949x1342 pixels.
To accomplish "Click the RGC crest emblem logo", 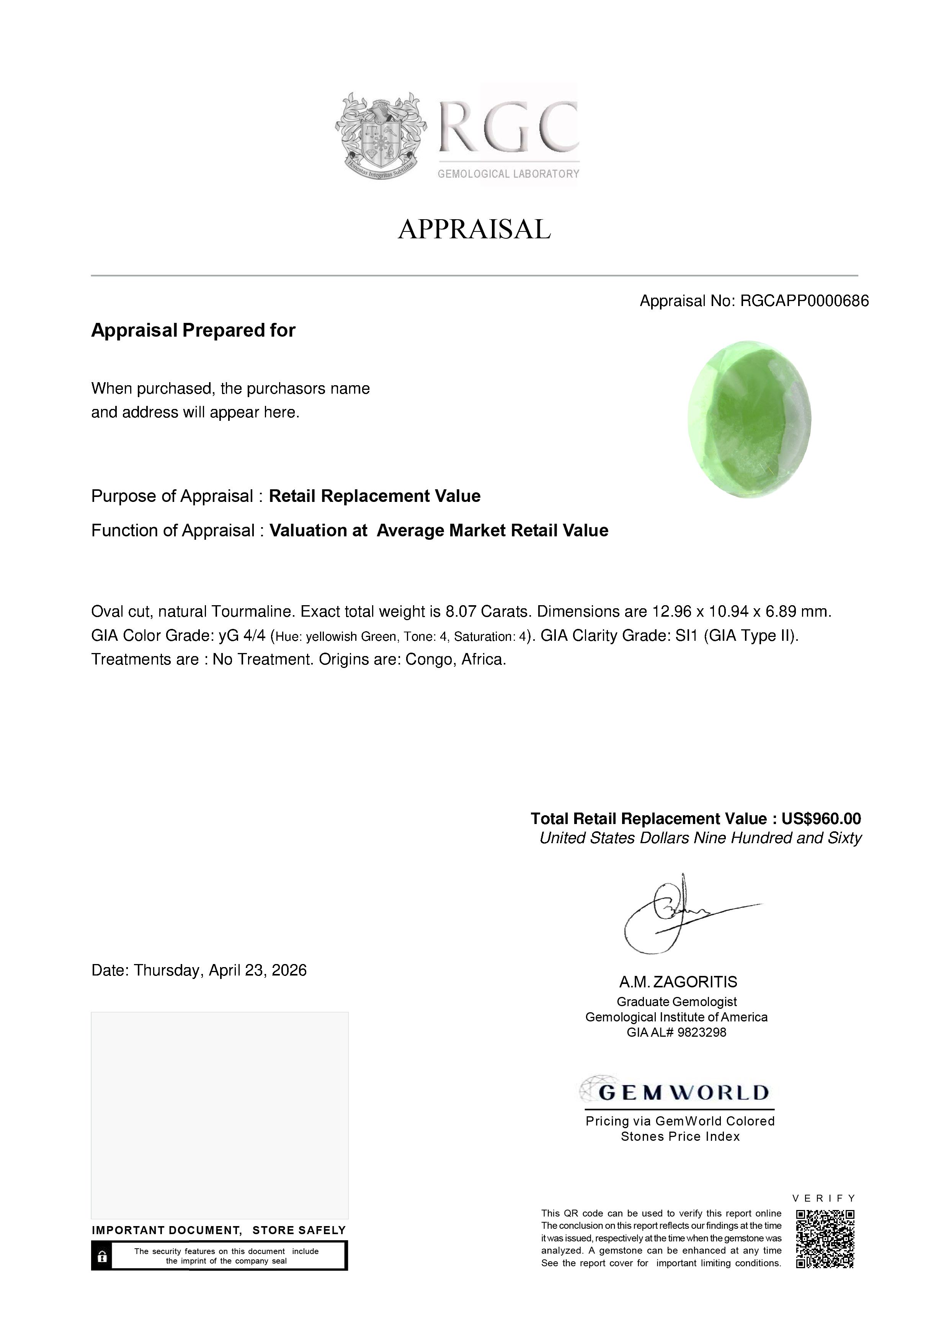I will point(381,135).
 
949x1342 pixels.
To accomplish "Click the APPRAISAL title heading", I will point(474,229).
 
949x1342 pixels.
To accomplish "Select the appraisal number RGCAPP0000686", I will point(805,301).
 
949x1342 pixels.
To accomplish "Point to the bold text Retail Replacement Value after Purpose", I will point(374,496).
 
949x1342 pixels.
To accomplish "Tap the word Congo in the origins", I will point(429,660).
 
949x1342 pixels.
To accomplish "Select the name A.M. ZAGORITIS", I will point(678,982).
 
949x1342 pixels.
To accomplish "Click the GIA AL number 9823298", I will point(702,1033).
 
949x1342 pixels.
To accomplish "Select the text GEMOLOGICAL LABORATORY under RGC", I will point(508,174).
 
